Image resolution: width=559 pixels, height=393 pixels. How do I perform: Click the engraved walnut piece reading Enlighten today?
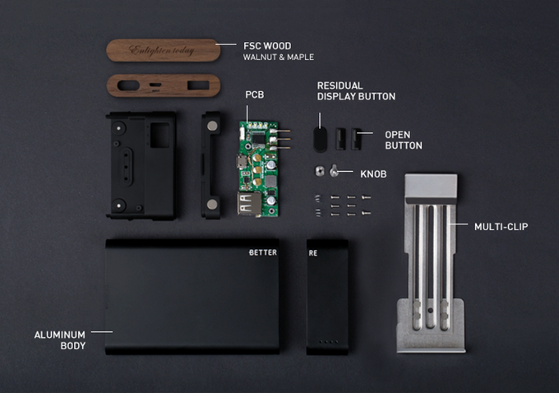point(164,50)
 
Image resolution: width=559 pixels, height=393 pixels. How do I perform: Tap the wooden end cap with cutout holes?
point(164,86)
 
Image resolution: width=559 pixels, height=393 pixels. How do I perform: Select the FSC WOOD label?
point(267,46)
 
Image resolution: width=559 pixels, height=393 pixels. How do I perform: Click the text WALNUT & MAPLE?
point(279,57)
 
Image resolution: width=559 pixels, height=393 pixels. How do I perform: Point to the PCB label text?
point(255,95)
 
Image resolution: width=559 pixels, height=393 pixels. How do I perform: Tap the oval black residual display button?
point(320,140)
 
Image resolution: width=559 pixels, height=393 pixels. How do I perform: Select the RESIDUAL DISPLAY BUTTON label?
point(356,91)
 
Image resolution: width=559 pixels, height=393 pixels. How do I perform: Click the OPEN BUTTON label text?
point(403,140)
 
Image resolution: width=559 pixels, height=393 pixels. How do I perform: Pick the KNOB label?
point(373,174)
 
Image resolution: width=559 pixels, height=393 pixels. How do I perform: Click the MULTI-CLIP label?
point(501,227)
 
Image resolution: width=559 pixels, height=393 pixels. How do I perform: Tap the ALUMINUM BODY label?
point(60,340)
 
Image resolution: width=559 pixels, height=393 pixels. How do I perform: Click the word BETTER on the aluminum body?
point(263,252)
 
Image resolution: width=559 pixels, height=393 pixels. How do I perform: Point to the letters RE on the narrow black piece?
point(313,253)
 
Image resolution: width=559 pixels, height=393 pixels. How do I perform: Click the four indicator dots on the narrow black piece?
point(329,342)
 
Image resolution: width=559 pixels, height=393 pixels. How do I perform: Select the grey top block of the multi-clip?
point(431,186)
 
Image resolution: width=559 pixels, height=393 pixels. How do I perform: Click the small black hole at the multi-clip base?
point(430,311)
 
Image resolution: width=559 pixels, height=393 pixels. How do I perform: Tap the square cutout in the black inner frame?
point(159,135)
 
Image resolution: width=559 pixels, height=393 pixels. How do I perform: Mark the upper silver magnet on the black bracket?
point(212,125)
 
